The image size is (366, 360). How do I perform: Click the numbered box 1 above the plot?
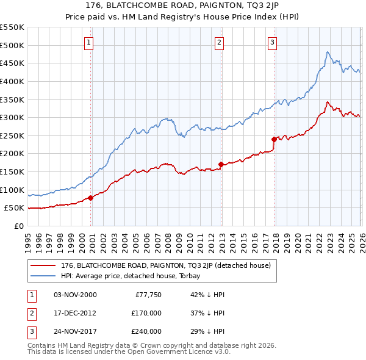(89, 42)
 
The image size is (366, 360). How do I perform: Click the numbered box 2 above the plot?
(219, 42)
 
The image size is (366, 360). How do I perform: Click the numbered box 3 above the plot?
(272, 42)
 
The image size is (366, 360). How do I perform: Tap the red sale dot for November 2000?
(90, 198)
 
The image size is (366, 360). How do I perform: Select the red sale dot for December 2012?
(221, 164)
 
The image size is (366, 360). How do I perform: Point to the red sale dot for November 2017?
(274, 139)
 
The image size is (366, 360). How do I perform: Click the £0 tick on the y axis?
(19, 226)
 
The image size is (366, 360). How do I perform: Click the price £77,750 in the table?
(145, 295)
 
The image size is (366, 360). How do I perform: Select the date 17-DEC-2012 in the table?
(75, 313)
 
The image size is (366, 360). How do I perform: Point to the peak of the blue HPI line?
(328, 52)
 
